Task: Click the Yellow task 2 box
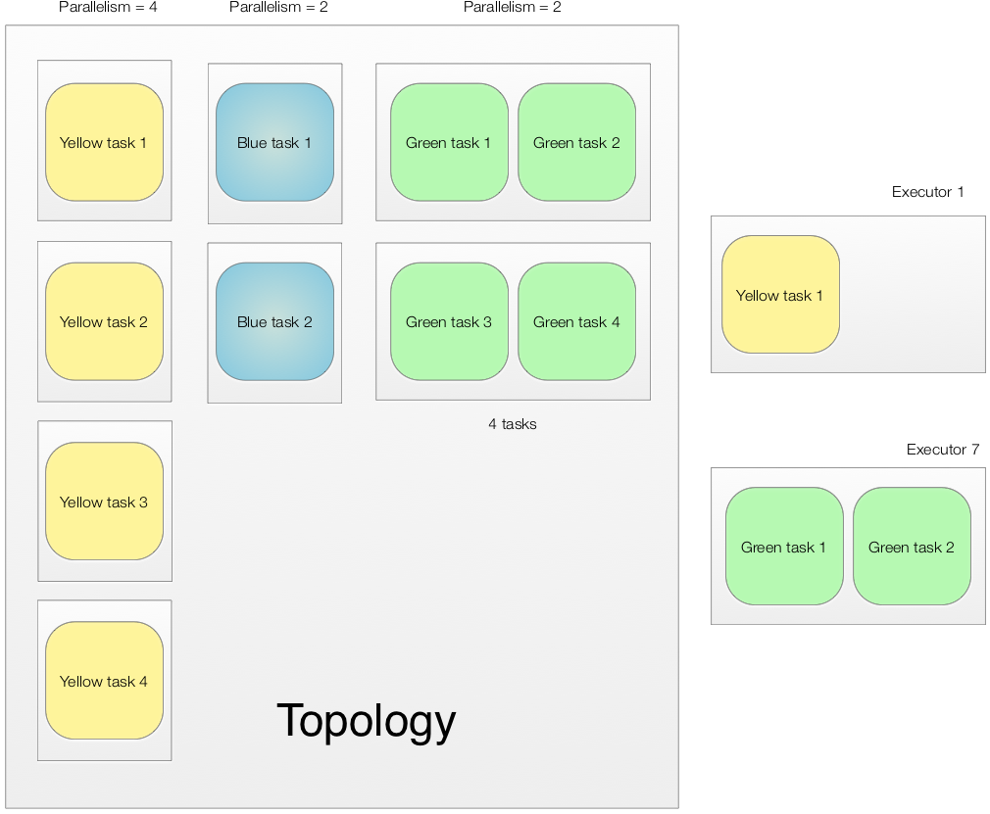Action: tap(104, 321)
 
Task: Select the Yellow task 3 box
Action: tap(104, 502)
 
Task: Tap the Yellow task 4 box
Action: tap(104, 681)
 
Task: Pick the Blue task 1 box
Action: tap(274, 142)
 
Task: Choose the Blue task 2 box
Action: tap(274, 321)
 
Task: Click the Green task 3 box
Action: tap(449, 321)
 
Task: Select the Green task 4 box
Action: tap(576, 321)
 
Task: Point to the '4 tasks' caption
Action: tap(513, 424)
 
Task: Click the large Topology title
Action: tap(367, 720)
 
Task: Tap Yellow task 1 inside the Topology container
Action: tap(104, 142)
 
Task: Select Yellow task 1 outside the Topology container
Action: tap(780, 295)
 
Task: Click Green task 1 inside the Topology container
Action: tap(449, 142)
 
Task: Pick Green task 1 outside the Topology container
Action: tap(784, 547)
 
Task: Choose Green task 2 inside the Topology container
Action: tap(576, 142)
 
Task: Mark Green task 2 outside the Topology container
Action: tap(912, 547)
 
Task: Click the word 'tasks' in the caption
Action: tap(519, 424)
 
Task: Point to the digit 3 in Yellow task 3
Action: tap(143, 502)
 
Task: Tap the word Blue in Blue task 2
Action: tap(252, 321)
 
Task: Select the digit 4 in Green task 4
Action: tap(616, 321)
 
